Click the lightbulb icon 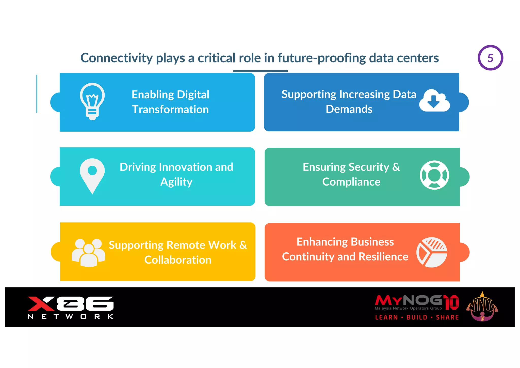[x=92, y=101]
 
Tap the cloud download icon [x=434, y=101]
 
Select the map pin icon [x=92, y=176]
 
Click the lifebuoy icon [x=434, y=175]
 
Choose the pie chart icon [x=432, y=252]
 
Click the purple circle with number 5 [x=490, y=58]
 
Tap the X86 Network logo [x=71, y=307]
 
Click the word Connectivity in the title [x=117, y=58]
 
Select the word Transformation [x=170, y=110]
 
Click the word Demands [x=349, y=109]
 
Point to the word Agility [x=176, y=182]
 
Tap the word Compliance [x=351, y=182]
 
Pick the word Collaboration [x=178, y=260]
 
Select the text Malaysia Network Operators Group [x=408, y=308]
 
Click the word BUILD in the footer [x=417, y=317]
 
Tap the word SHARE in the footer [x=447, y=317]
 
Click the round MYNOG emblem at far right [x=482, y=307]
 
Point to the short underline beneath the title [x=260, y=71]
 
